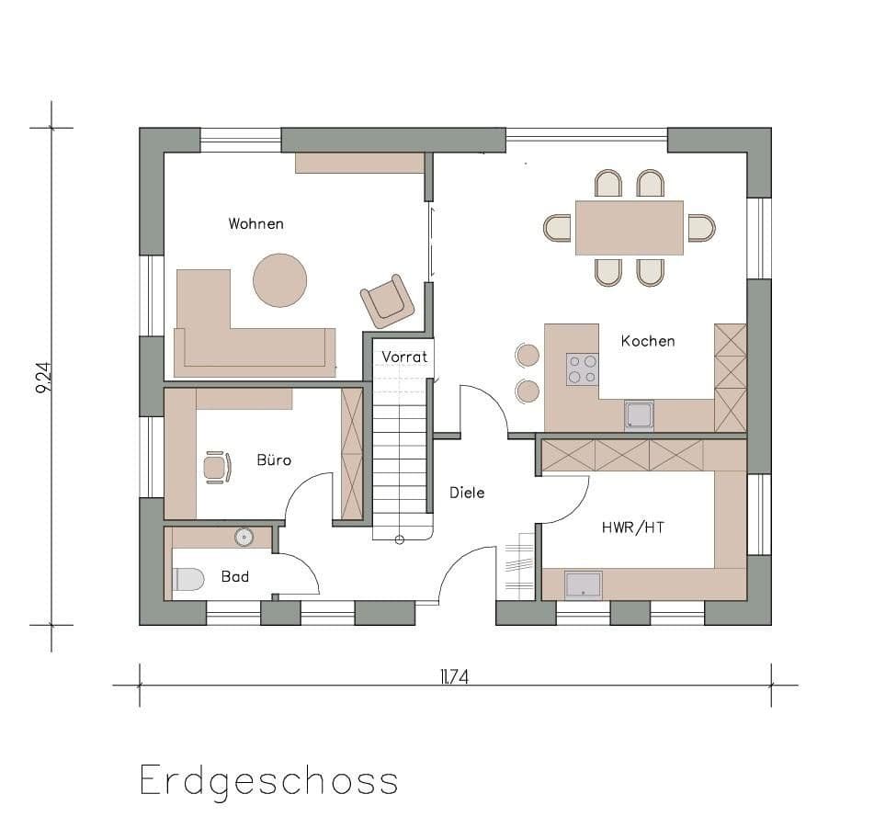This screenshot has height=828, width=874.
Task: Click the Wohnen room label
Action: (255, 223)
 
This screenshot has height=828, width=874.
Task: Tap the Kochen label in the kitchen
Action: (647, 341)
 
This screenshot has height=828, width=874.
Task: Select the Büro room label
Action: (274, 459)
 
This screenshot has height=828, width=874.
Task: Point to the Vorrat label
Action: (404, 357)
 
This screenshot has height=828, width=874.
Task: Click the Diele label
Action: (467, 493)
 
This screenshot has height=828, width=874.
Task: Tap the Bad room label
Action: (235, 577)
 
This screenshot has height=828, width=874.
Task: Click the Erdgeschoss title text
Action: (268, 781)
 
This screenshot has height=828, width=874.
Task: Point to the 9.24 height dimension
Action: (43, 377)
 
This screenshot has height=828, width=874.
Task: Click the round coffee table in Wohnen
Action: (279, 279)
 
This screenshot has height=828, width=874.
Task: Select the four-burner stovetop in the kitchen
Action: (582, 369)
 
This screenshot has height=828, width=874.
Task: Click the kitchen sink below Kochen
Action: (639, 415)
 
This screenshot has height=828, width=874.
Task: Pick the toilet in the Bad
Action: (188, 581)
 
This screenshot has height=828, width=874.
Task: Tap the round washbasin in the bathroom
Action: (244, 537)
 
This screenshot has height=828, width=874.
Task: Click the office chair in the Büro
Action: (216, 467)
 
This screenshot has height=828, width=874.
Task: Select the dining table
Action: (629, 227)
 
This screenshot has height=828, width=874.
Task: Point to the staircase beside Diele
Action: (402, 464)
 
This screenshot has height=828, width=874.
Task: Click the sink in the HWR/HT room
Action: (583, 584)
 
